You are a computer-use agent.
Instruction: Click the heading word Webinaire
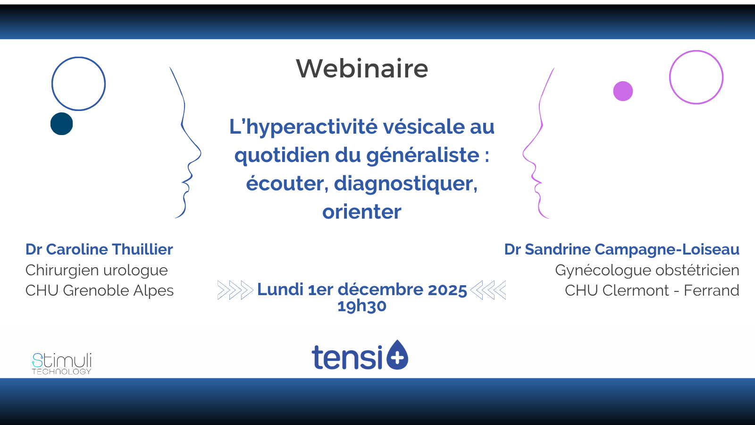point(362,69)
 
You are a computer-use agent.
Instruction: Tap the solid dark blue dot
point(62,124)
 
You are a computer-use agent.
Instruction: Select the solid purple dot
point(623,91)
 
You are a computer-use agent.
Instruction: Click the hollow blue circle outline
point(52,84)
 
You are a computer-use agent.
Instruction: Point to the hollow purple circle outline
point(670,77)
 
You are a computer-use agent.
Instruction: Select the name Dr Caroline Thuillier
point(99,250)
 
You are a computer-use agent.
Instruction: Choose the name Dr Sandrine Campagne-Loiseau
point(621,250)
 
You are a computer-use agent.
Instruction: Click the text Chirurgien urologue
point(96,270)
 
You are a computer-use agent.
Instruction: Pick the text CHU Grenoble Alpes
point(100,290)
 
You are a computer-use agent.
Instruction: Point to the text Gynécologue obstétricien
point(647,270)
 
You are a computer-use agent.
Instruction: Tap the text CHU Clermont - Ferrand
point(652,290)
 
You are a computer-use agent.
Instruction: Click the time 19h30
point(361,306)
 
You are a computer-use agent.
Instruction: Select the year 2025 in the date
point(447,290)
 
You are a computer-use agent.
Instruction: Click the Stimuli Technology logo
point(62,364)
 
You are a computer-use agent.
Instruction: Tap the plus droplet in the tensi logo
point(397,355)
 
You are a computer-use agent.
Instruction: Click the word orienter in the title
point(361,212)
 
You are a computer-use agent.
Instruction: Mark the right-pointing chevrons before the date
point(235,290)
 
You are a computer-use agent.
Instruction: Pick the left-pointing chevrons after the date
point(488,290)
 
